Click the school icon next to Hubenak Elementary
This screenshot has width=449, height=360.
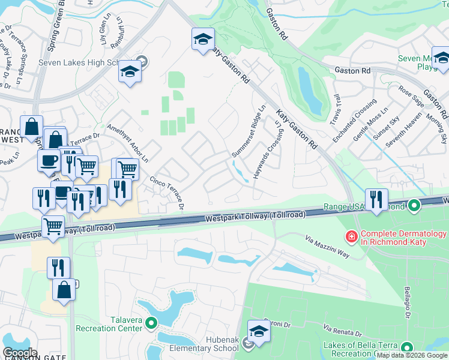(259, 331)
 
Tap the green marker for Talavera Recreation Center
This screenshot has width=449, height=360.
(151, 323)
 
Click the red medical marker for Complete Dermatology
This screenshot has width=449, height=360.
(349, 238)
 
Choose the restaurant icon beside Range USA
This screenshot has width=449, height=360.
(376, 200)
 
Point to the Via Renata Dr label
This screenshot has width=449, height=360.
(343, 329)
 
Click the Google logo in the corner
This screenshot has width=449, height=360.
(20, 353)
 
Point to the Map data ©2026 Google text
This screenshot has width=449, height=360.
(412, 355)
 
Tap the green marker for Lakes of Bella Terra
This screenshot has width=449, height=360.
(408, 347)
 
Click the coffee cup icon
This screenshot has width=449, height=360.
(49, 160)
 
